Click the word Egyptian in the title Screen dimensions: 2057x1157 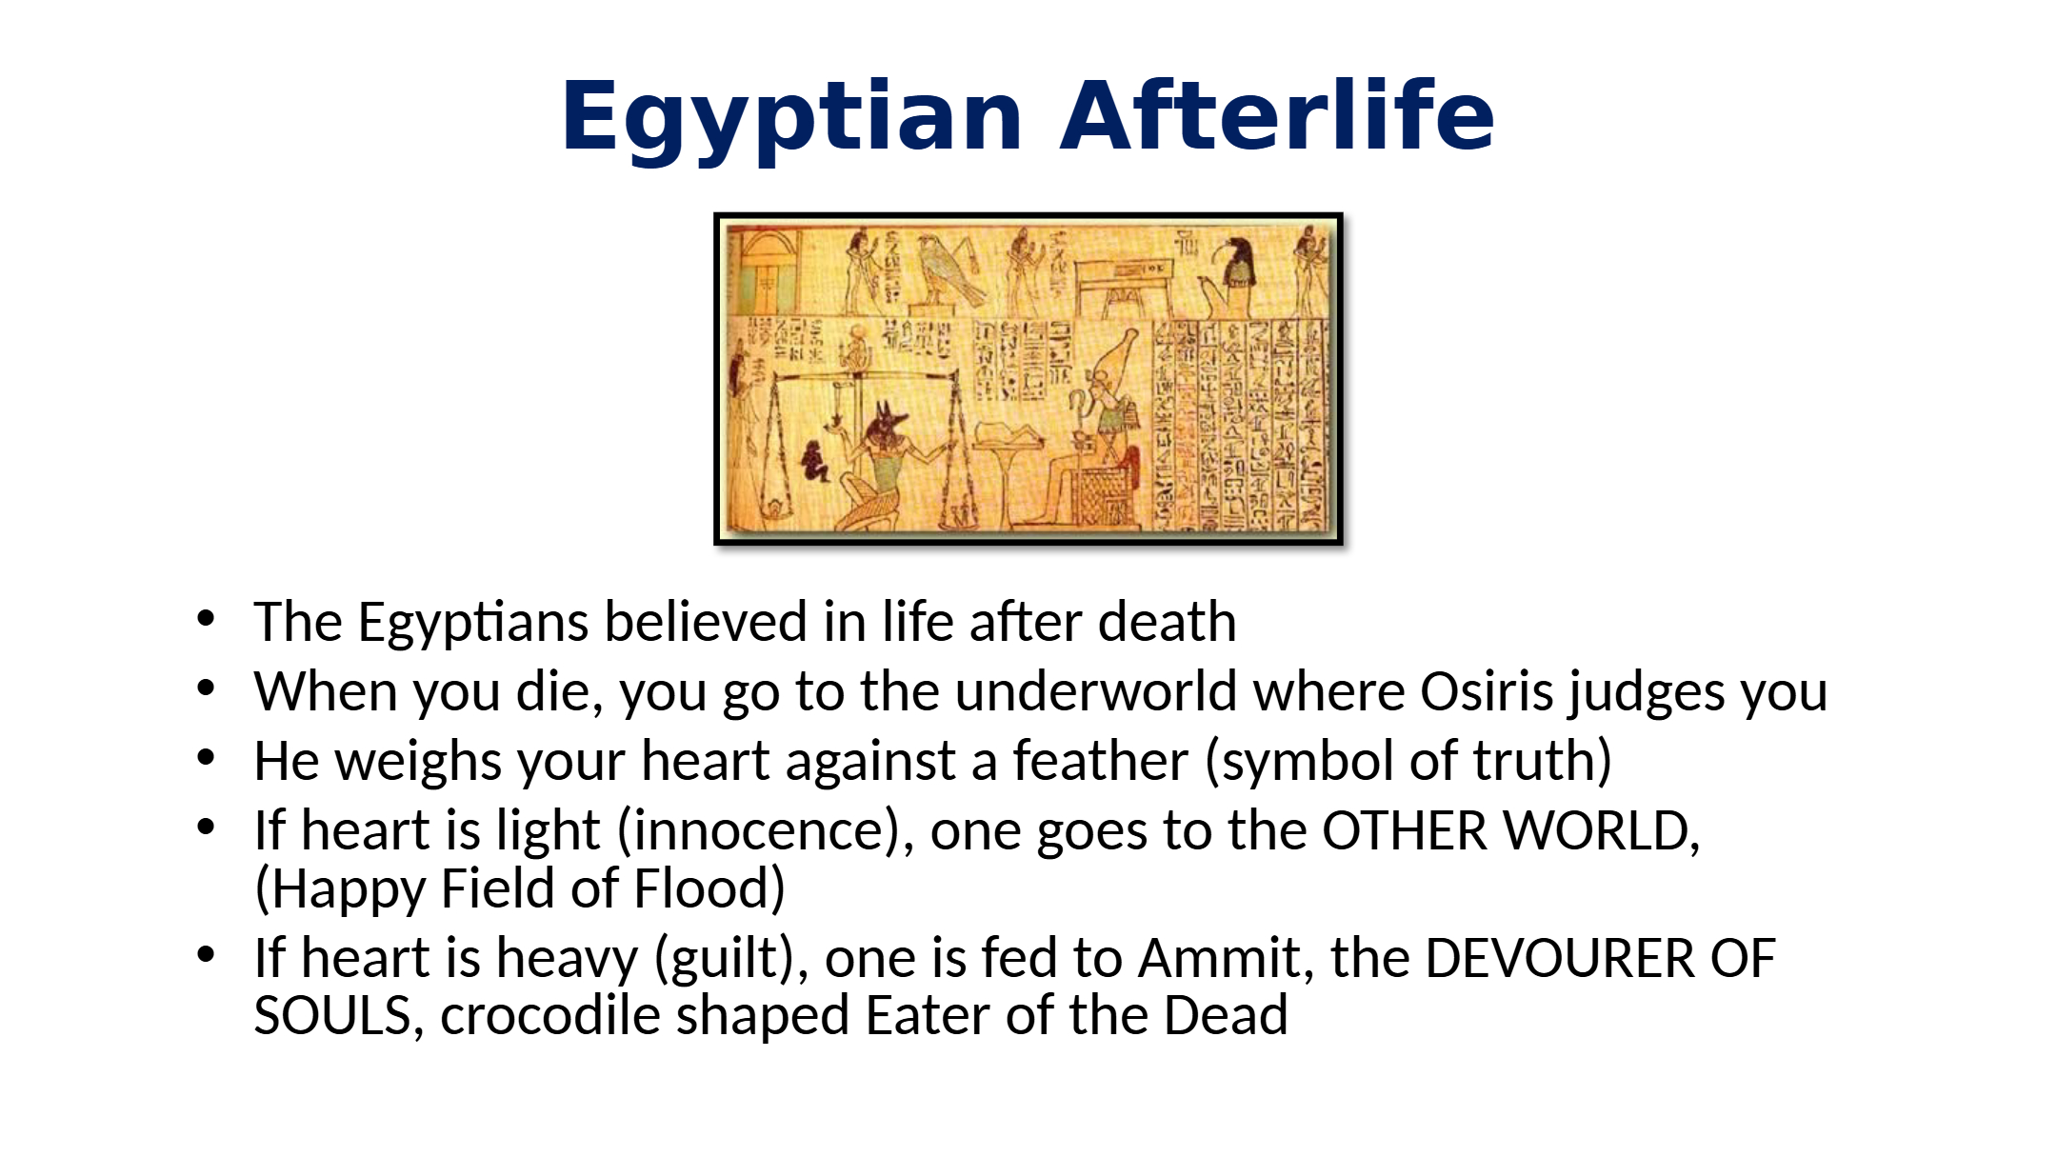[x=791, y=118]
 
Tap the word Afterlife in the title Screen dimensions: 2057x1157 [x=1276, y=115]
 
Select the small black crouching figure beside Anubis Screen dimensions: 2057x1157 [x=814, y=461]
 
